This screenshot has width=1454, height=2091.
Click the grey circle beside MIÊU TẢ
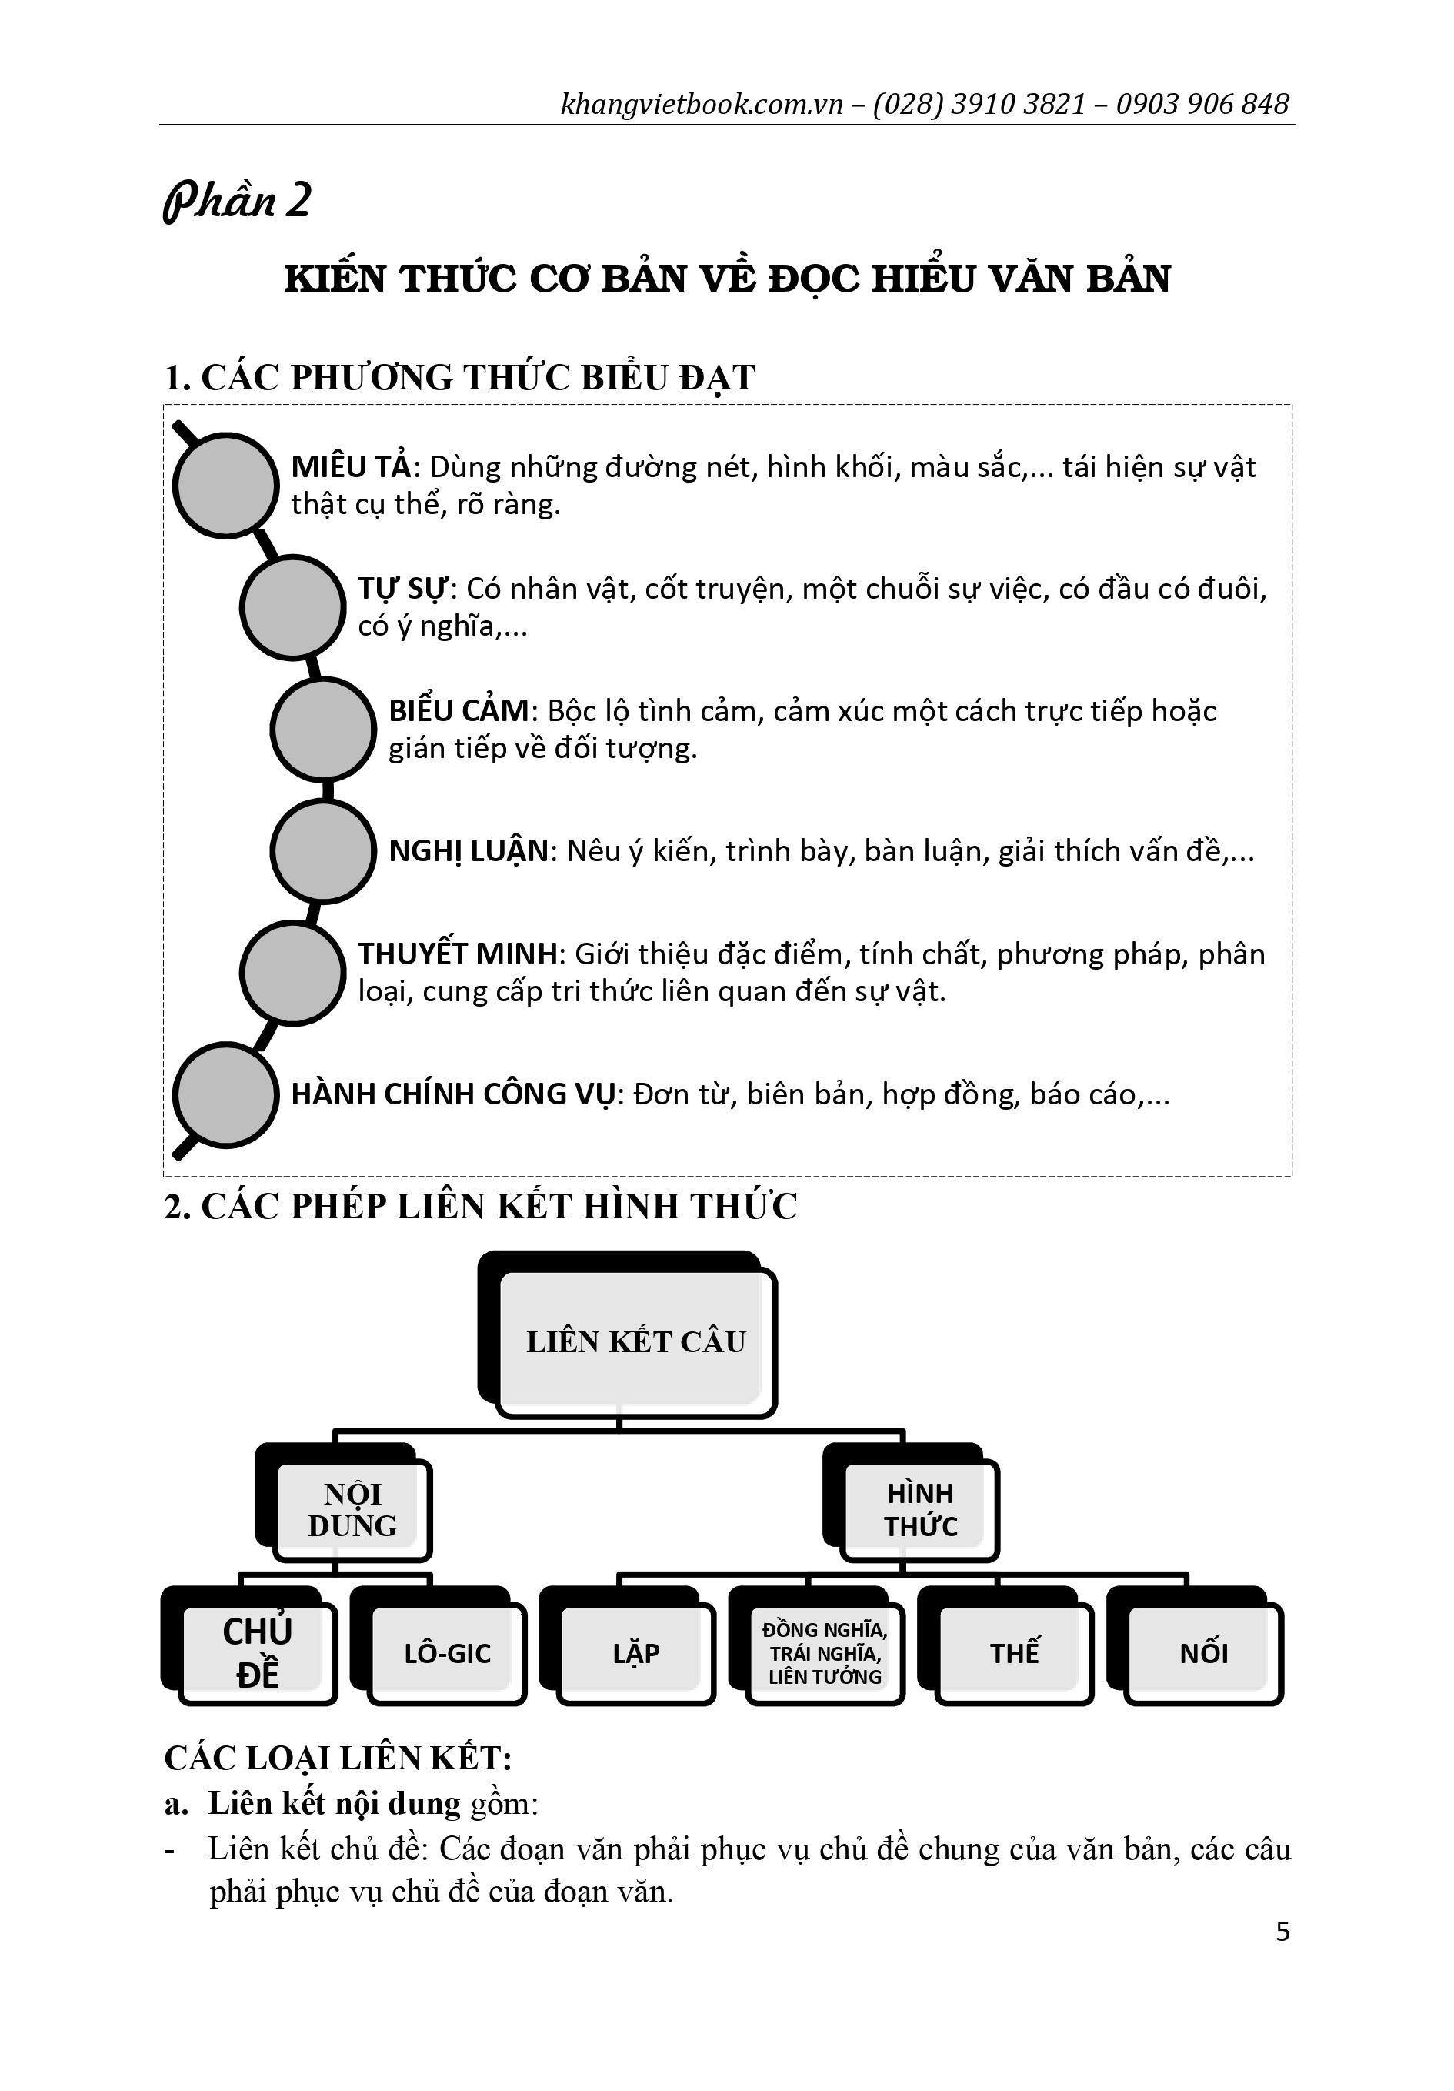225,485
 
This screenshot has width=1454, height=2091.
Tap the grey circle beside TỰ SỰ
292,606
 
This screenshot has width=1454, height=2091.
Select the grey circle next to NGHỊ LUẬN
323,850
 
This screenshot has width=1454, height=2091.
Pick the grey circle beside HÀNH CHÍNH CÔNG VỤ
225,1094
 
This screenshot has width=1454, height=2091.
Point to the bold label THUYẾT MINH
457,954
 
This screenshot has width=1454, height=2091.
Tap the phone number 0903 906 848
1202,104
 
